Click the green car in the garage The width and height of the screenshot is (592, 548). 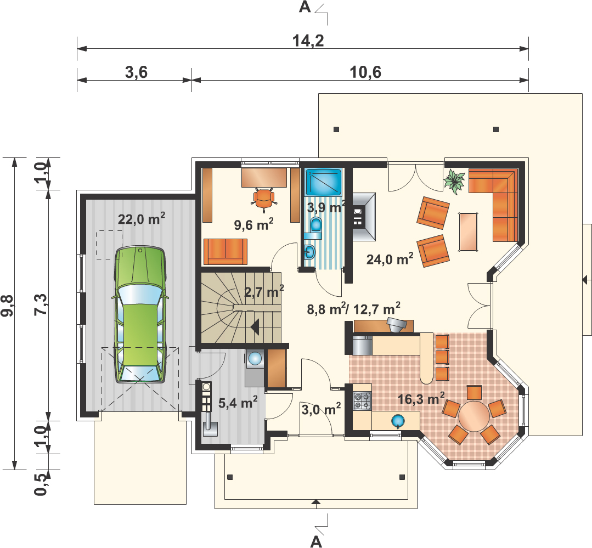tap(140, 314)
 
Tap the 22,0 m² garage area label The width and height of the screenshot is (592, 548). tap(141, 218)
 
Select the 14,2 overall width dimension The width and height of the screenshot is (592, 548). tap(308, 41)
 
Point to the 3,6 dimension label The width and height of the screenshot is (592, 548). tap(136, 72)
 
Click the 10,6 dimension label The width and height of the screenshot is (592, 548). tap(365, 72)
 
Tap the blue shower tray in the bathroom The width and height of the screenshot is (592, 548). tap(324, 182)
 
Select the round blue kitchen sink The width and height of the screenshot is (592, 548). tap(398, 420)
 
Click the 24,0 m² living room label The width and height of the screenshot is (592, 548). tap(390, 259)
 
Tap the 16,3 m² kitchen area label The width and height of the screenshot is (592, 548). tap(421, 399)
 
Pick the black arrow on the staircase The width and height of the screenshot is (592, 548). tap(255, 326)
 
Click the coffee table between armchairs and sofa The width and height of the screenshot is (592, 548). tap(468, 231)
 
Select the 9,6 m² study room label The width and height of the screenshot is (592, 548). tap(253, 224)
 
